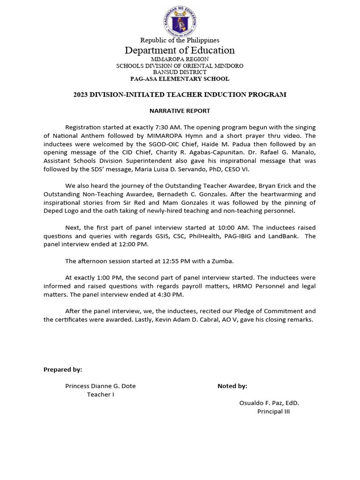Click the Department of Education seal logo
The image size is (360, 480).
click(x=180, y=21)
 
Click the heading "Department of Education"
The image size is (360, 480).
click(x=180, y=50)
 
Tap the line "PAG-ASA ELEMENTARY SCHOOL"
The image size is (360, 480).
click(x=180, y=79)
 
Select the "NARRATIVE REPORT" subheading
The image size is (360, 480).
click(x=180, y=111)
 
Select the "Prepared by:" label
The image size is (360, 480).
click(x=63, y=370)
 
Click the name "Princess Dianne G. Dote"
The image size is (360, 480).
click(x=100, y=386)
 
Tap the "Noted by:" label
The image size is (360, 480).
click(x=232, y=386)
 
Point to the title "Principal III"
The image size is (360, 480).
click(x=274, y=412)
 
